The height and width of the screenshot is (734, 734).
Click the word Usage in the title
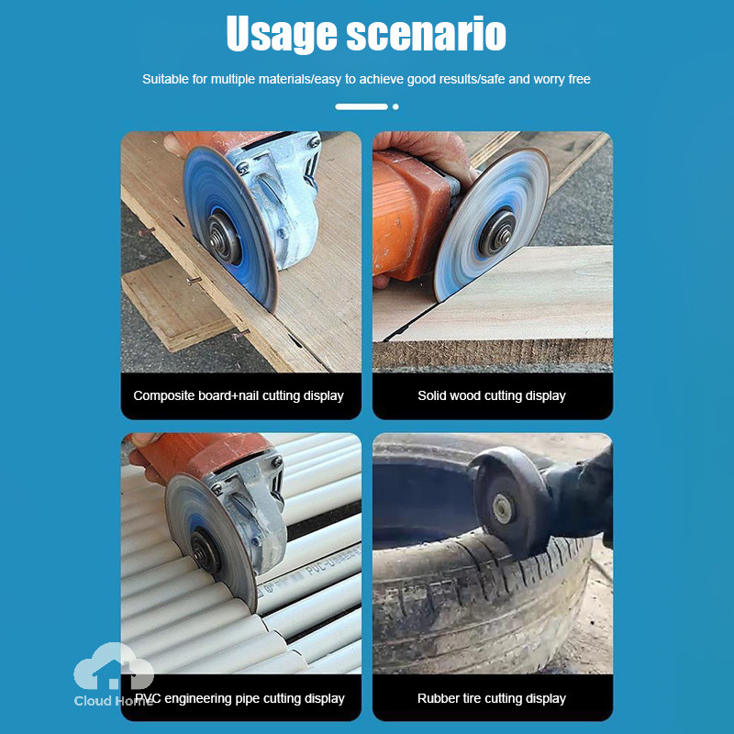[x=282, y=34]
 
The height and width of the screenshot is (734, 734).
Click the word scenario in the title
[x=427, y=34]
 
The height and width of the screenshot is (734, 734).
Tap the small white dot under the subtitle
[x=395, y=106]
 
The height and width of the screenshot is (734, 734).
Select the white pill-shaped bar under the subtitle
[x=361, y=106]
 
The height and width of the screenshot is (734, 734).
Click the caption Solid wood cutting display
[x=492, y=395]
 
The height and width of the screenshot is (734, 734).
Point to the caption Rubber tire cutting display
[x=492, y=698]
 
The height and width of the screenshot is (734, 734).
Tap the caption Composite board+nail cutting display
[x=239, y=395]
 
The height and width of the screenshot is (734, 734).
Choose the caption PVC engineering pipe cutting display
[x=239, y=698]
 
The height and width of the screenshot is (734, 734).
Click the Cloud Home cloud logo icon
[x=114, y=666]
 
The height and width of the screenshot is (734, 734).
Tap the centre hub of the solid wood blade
[x=497, y=233]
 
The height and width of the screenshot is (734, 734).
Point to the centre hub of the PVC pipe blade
[x=205, y=550]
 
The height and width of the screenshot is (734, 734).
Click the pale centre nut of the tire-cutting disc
[x=502, y=509]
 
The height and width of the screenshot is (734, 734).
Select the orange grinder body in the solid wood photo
[x=408, y=215]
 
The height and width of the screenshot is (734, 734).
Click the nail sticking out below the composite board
[x=240, y=334]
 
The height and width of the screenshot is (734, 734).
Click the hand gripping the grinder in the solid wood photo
[x=427, y=150]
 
